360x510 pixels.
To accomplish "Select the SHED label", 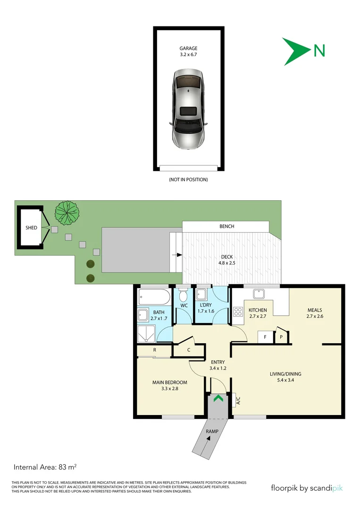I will coord(31,228).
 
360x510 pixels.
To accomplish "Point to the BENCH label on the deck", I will coord(226,226).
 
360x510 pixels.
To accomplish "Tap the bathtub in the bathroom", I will coord(154,297).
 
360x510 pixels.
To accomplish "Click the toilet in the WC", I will coord(184,296).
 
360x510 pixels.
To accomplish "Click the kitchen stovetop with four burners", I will coord(237,311).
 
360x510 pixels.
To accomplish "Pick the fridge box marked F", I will coord(265,337).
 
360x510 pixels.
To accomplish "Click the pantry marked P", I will coord(282,337).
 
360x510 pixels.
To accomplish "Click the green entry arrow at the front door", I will coord(218,399).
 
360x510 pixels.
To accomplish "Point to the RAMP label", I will coord(212,431).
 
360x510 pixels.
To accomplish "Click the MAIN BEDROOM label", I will coord(169,385).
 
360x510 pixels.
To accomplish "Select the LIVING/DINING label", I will coord(285,377).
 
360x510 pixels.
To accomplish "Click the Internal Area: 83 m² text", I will coord(45,467).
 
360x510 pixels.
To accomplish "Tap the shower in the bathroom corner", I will coord(146,333).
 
